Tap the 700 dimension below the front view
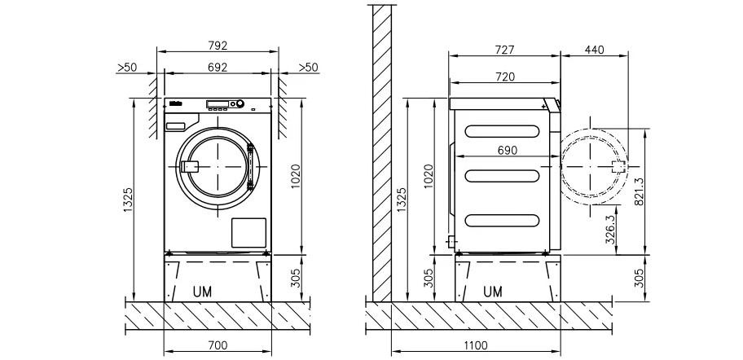[x=217, y=345]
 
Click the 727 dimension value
[x=504, y=50]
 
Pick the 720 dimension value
[x=504, y=77]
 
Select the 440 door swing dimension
[x=595, y=50]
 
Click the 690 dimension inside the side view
[x=504, y=151]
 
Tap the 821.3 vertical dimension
[x=638, y=192]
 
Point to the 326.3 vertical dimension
[x=610, y=231]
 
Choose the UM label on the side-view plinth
[x=493, y=291]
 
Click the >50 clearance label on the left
[x=126, y=67]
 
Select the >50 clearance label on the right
[x=308, y=67]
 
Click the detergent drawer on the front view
[x=177, y=125]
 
